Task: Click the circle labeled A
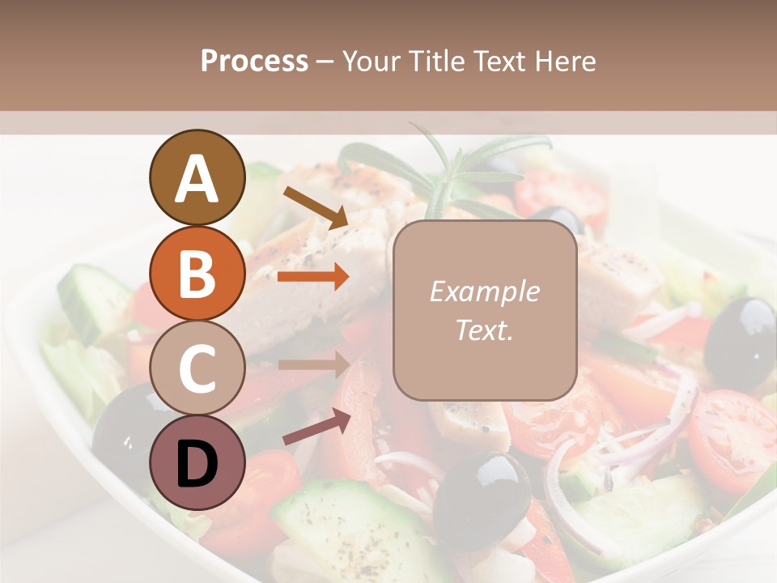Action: (197, 177)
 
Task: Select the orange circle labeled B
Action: (197, 272)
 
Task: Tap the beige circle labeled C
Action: (197, 367)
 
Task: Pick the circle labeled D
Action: (197, 462)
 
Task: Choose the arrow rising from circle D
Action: (316, 427)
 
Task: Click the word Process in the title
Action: (254, 62)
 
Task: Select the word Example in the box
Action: (484, 291)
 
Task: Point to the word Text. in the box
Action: (484, 330)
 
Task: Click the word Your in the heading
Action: (372, 62)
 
